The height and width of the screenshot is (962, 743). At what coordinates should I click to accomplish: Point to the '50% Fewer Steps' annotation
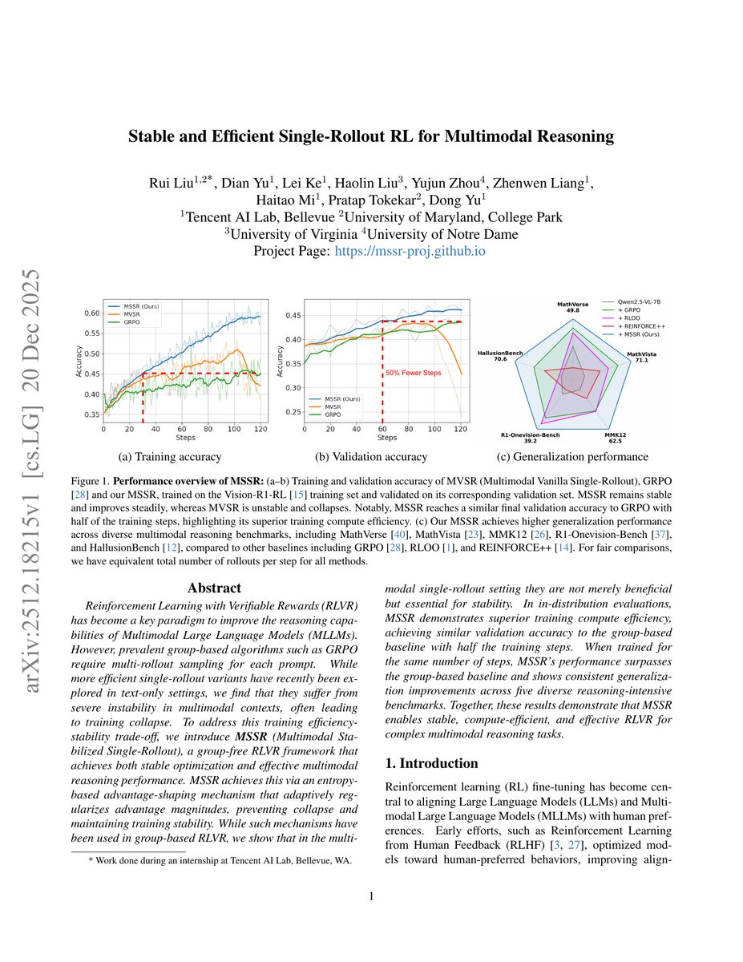tap(414, 373)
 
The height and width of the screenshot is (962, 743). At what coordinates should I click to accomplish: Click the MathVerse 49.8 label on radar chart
tap(572, 308)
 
